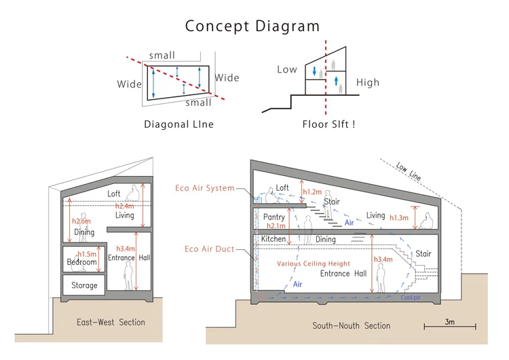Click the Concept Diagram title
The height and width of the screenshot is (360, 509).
(x=252, y=26)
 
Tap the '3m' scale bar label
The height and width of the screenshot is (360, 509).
(x=449, y=322)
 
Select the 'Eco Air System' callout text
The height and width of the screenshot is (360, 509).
(x=204, y=187)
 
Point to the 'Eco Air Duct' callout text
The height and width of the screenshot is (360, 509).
(x=209, y=249)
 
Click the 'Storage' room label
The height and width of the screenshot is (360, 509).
(x=84, y=285)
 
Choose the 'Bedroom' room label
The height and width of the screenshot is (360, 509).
(x=82, y=262)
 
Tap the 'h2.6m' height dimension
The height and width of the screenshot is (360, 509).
(x=81, y=221)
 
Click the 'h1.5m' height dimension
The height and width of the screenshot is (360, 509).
(x=87, y=254)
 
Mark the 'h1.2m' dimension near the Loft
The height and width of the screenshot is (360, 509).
(x=312, y=192)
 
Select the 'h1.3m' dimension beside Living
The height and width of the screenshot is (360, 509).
(x=399, y=217)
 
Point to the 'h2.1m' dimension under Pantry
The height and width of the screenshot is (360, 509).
(x=276, y=226)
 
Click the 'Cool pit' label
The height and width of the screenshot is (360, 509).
(x=411, y=298)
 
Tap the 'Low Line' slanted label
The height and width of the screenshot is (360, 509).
(x=409, y=171)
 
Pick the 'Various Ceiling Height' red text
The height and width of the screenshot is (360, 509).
(x=314, y=264)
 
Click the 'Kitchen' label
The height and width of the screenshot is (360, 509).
(x=274, y=239)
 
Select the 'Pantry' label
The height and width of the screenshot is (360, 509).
(x=274, y=217)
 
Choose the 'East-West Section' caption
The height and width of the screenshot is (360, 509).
(x=111, y=323)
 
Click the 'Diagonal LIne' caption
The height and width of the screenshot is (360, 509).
(x=179, y=124)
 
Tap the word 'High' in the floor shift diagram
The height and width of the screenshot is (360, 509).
(x=367, y=82)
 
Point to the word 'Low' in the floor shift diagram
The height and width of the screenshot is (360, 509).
(x=287, y=69)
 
